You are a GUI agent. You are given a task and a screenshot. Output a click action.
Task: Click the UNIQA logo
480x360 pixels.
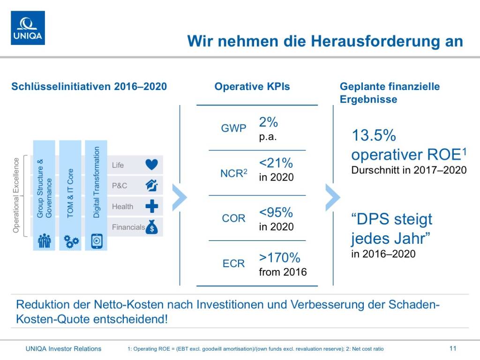(28, 28)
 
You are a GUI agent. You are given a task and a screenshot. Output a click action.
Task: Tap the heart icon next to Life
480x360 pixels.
(152, 165)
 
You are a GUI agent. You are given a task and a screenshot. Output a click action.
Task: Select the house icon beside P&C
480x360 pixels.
(152, 185)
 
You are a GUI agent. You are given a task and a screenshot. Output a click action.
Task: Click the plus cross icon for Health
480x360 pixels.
(152, 206)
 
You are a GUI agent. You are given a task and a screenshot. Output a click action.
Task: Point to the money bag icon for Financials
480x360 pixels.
(152, 227)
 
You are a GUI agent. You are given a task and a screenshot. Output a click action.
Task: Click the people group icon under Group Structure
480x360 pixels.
(44, 240)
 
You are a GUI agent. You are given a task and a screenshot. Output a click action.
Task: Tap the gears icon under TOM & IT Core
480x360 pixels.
(71, 241)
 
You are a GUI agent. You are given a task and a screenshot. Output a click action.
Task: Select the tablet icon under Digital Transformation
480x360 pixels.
(97, 240)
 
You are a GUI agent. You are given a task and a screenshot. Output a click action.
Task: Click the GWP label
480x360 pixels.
(233, 128)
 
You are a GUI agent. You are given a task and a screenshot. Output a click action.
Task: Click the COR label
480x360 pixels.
(233, 218)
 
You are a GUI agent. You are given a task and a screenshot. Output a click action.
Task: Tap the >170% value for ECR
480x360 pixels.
(279, 257)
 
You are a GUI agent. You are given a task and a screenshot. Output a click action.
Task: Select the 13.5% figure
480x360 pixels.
(374, 136)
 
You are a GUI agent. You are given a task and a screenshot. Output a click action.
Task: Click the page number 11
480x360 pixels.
(452, 348)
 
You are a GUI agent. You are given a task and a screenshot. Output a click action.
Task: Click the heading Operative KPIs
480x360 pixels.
(252, 87)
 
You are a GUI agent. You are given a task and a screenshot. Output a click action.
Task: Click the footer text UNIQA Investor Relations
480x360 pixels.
(63, 348)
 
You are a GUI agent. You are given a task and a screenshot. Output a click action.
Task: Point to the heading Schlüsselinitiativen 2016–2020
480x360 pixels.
(89, 87)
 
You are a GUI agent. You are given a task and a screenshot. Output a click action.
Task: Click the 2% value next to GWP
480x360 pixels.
(269, 122)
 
